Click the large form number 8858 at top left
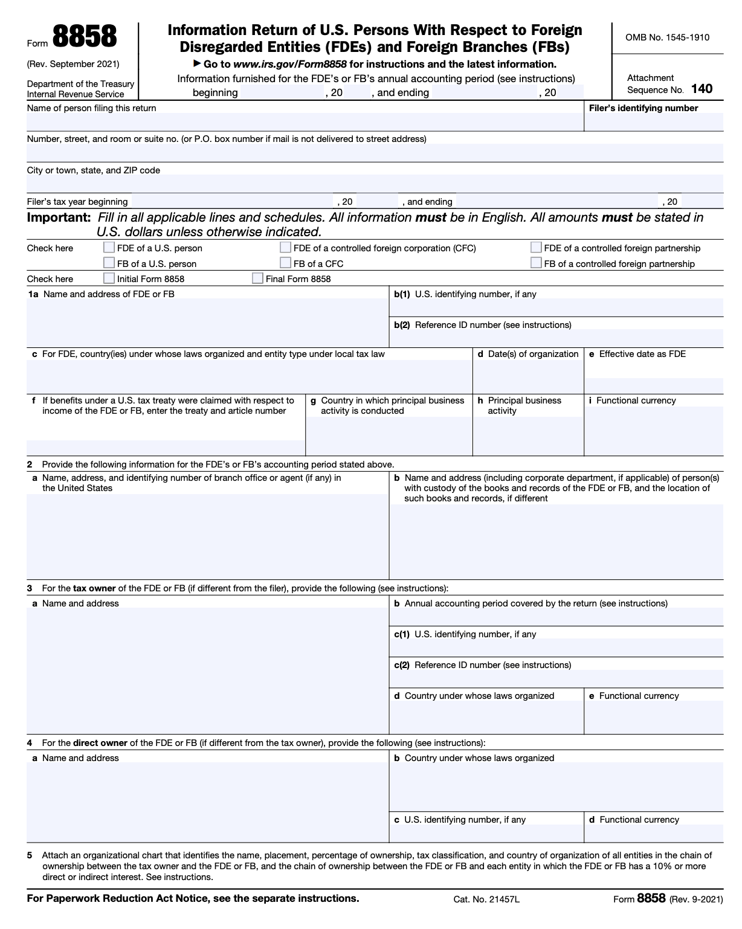click(85, 37)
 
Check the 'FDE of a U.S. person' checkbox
click(109, 247)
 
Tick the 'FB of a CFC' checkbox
click(285, 263)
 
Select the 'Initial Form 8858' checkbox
click(109, 278)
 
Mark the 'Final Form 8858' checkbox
click(257, 278)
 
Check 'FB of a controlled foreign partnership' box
click(536, 263)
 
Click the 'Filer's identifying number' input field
click(653, 122)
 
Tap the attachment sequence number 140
click(702, 89)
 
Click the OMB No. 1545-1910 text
click(667, 37)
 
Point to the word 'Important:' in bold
click(59, 217)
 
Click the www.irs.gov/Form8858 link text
click(290, 64)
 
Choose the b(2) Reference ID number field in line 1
click(556, 338)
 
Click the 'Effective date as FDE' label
click(642, 354)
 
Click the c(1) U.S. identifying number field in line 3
click(556, 648)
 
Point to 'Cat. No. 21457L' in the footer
click(486, 899)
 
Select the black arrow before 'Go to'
click(197, 63)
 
